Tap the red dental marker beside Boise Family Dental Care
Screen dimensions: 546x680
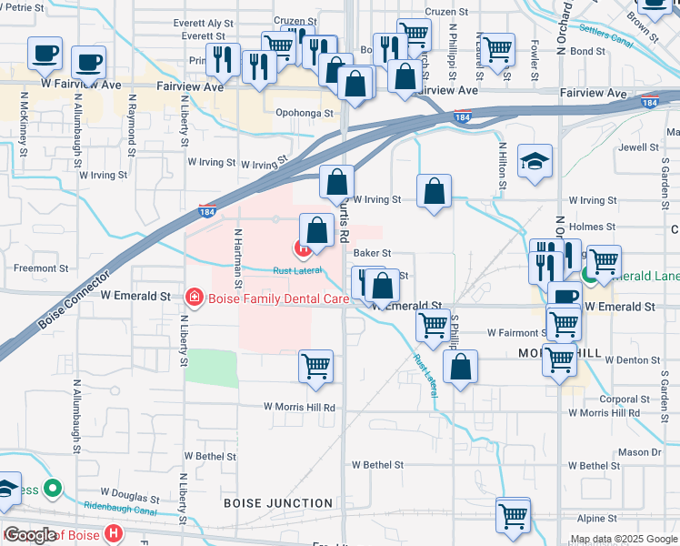(x=193, y=297)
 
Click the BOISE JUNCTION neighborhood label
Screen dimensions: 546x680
(x=278, y=502)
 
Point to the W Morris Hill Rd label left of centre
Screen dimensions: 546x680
(x=299, y=407)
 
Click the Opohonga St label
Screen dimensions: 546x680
(x=305, y=114)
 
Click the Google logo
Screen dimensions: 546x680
(x=29, y=535)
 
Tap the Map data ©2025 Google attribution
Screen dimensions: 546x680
(x=624, y=539)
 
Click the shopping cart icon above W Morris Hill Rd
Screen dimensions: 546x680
(x=315, y=366)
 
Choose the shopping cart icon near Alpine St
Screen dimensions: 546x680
(x=514, y=515)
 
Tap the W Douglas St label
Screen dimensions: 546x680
(x=130, y=500)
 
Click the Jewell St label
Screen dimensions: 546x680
(x=637, y=147)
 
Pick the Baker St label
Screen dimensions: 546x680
(x=372, y=253)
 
